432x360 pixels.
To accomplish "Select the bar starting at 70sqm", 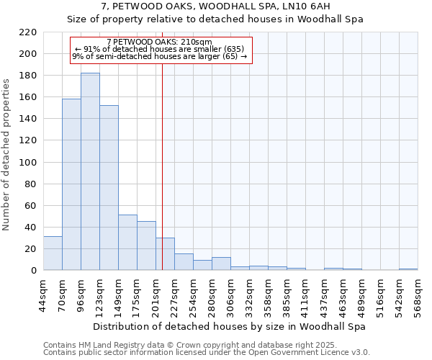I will [x=71, y=184].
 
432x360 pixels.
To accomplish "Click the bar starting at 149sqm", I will [x=127, y=243].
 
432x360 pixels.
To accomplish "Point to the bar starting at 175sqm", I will [x=146, y=246].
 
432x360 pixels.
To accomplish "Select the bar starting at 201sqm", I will [x=165, y=254].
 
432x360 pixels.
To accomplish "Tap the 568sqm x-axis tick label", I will [x=418, y=295].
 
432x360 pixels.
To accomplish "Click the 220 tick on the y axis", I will [x=28, y=32].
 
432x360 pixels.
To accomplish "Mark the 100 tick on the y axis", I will [x=28, y=163].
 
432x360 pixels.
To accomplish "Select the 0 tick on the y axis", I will [x=33, y=271].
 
